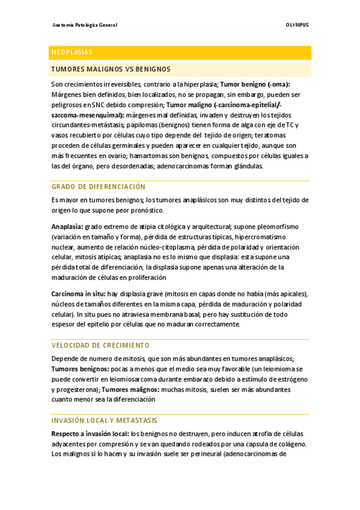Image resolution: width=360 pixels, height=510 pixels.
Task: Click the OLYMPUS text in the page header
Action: point(297,25)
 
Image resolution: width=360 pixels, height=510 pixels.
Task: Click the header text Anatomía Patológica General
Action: point(85,25)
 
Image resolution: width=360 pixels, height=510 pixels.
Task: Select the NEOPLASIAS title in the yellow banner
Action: point(72,52)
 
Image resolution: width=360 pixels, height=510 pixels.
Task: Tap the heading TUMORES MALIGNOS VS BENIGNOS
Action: point(111,69)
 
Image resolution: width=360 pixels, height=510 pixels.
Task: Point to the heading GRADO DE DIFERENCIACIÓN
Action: point(98,187)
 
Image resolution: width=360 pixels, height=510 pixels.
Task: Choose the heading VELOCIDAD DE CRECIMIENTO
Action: point(100,346)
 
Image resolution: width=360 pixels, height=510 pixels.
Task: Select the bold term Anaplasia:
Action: point(67,227)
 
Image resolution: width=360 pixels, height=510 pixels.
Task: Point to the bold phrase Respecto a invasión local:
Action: point(90,434)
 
